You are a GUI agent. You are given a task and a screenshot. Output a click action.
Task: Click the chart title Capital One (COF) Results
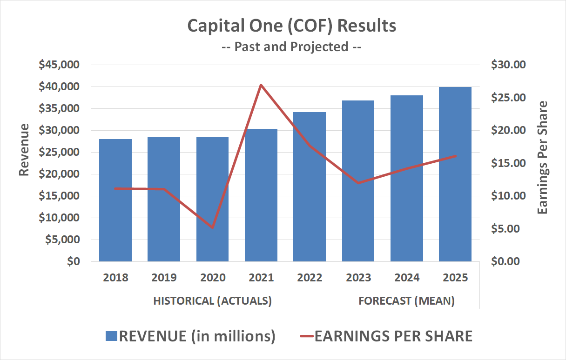(292, 26)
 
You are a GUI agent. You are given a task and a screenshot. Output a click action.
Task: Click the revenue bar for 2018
(115, 200)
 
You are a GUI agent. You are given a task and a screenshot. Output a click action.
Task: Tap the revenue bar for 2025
(455, 174)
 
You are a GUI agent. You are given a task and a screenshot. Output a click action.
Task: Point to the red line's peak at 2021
(261, 85)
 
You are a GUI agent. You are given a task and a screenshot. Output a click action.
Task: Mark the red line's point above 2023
(358, 183)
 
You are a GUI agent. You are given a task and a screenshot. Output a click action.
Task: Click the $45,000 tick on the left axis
(60, 65)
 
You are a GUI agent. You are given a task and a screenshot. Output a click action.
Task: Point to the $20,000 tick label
(60, 174)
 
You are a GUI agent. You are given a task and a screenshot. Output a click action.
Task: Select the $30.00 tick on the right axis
(508, 65)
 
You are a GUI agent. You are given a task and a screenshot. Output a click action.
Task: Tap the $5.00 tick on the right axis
(508, 229)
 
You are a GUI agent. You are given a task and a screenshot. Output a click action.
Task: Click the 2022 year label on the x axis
(310, 278)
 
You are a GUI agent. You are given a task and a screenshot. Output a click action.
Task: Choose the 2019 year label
(164, 278)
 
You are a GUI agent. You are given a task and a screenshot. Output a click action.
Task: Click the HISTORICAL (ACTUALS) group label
(212, 301)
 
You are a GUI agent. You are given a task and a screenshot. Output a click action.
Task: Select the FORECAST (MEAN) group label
(406, 301)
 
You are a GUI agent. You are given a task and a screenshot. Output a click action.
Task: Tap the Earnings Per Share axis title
(543, 157)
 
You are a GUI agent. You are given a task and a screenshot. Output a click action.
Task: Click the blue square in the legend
(111, 336)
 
